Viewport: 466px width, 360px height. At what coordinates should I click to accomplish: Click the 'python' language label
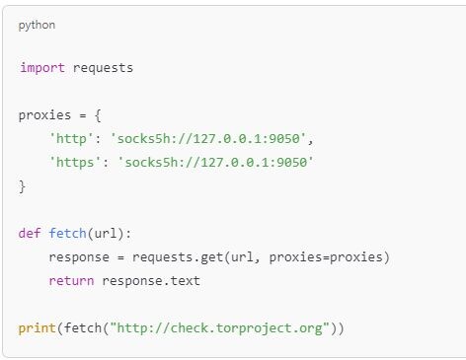37,25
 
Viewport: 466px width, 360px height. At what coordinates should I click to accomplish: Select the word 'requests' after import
103,68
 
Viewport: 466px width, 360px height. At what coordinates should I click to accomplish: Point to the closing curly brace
22,183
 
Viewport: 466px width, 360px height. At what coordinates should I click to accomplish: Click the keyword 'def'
30,234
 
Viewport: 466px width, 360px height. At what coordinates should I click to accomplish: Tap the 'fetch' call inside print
80,327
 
